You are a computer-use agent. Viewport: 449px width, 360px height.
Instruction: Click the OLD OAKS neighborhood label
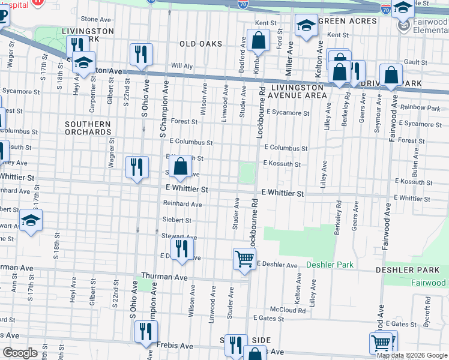pos(200,44)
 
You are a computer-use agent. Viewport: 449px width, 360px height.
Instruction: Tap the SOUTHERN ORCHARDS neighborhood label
pos(88,128)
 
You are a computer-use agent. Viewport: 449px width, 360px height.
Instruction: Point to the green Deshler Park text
pos(330,265)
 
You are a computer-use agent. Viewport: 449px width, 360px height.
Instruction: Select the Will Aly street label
pos(181,65)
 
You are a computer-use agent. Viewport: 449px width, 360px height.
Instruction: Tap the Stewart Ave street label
pos(175,236)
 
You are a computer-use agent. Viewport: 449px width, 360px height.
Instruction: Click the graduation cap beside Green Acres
pos(306,26)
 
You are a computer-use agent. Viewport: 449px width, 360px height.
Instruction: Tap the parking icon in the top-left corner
pos(3,15)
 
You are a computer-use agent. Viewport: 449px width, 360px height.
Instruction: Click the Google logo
pos(20,353)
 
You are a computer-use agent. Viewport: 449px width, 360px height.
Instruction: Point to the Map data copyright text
pos(411,355)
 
